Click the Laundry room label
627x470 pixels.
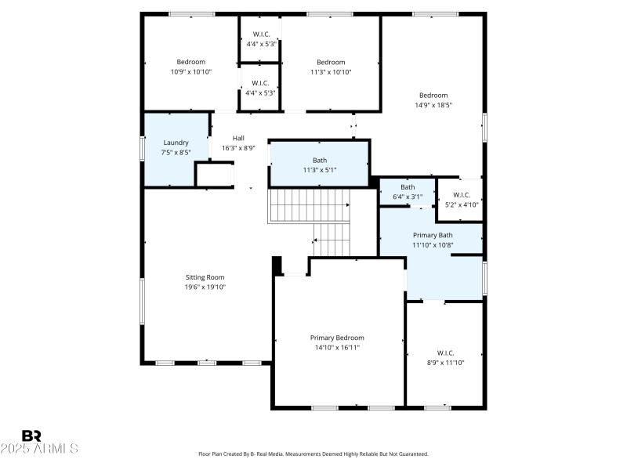coord(176,143)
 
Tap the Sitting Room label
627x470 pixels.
coord(205,277)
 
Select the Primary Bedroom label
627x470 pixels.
coord(337,338)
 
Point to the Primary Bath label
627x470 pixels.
coord(433,235)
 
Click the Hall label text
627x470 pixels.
coord(238,138)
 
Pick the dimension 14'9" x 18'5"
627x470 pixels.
coord(433,105)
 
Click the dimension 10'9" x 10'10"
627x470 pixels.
coord(190,72)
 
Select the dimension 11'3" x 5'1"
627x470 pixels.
coord(319,169)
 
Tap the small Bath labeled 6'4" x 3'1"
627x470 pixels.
coord(408,187)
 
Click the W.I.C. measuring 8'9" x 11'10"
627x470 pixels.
coord(445,353)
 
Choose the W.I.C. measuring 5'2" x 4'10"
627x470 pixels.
coord(461,195)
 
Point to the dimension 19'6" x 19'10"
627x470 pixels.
coord(205,287)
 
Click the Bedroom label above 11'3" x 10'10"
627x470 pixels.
coord(330,63)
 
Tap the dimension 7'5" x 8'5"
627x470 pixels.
coord(176,152)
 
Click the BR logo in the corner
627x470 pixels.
coord(31,435)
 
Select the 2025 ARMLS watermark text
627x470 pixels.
coord(39,449)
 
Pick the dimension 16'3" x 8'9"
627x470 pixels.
coord(238,147)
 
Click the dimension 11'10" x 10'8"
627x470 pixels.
coord(433,244)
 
